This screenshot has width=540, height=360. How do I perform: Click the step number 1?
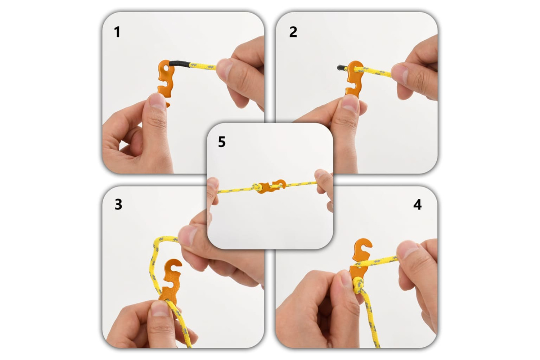click(x=117, y=32)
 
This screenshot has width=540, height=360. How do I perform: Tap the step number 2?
click(x=293, y=32)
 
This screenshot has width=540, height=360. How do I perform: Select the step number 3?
click(x=118, y=204)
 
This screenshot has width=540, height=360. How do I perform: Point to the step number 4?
click(x=417, y=204)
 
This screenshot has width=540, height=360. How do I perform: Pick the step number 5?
click(x=222, y=142)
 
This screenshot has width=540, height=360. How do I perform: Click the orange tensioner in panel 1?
click(x=166, y=79)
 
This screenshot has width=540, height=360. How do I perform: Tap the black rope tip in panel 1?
click(x=180, y=64)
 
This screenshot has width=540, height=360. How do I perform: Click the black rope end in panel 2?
click(x=341, y=68)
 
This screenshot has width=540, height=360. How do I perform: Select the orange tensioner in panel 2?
click(x=353, y=79)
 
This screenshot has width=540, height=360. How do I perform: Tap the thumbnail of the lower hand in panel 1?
click(x=157, y=101)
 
